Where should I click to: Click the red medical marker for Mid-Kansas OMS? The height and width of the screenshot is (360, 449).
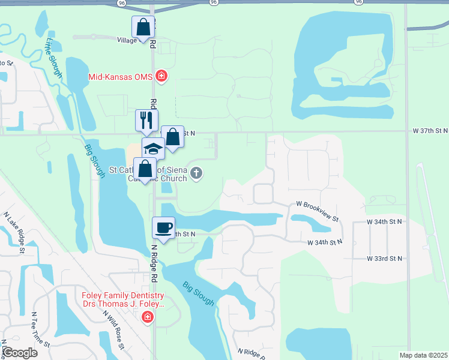161,76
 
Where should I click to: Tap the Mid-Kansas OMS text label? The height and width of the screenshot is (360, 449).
121,77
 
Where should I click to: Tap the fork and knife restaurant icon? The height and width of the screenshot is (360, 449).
146,121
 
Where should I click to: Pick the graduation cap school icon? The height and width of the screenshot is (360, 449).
153,148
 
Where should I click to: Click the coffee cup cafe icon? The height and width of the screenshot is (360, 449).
164,227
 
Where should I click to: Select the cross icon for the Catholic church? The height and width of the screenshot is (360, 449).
196,175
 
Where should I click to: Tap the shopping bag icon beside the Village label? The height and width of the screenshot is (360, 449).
143,27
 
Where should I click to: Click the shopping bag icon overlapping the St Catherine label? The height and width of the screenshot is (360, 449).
145,169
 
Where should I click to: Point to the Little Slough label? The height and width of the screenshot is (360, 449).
54,57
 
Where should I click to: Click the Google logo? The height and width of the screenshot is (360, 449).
20,353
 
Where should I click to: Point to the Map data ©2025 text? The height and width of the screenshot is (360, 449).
424,355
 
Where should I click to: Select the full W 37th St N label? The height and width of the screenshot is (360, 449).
430,130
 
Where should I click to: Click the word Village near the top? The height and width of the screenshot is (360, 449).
127,40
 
